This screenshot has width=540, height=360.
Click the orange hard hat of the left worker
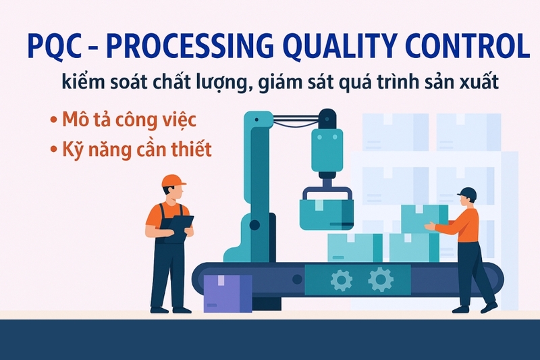173,180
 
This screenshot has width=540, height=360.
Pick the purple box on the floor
227,292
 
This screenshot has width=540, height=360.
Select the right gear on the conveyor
380,278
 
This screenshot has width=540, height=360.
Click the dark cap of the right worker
467,194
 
